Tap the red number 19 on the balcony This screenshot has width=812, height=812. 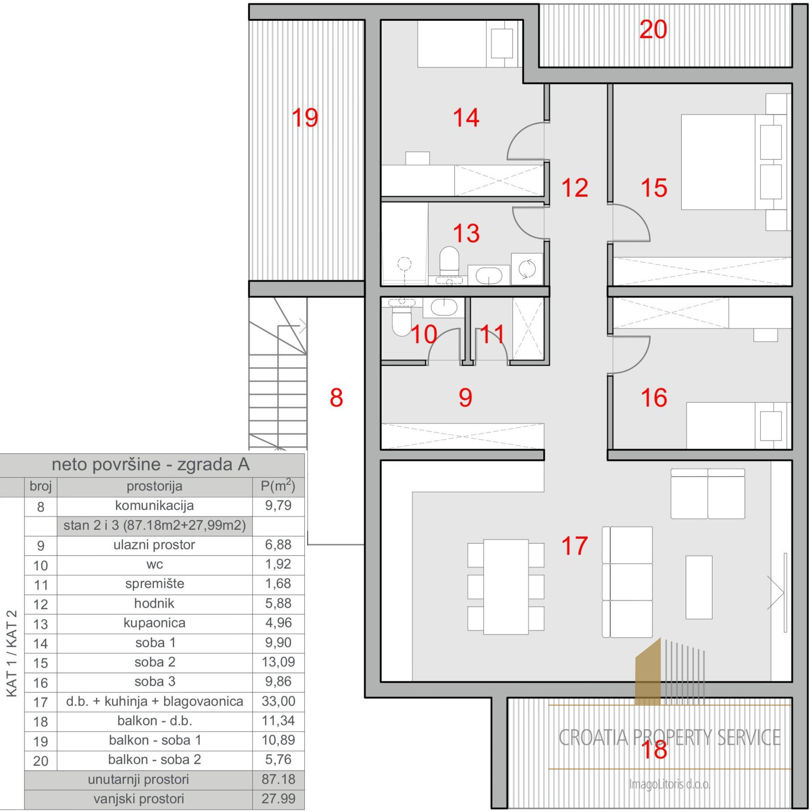click(304, 118)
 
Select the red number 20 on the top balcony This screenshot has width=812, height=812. click(653, 30)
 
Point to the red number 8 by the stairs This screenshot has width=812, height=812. click(336, 398)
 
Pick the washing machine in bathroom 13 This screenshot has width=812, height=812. click(527, 269)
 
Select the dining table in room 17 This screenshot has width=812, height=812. click(506, 587)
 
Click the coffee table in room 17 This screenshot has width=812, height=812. click(699, 587)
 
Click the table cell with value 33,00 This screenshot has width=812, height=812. click(278, 701)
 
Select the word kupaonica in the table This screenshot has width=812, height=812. click(154, 623)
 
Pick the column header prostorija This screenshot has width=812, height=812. click(154, 486)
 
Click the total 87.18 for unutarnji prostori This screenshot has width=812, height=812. click(278, 779)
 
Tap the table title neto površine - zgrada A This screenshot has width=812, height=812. click(151, 465)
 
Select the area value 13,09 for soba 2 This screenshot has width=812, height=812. click(278, 662)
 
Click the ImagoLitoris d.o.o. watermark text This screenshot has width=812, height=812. click(669, 784)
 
